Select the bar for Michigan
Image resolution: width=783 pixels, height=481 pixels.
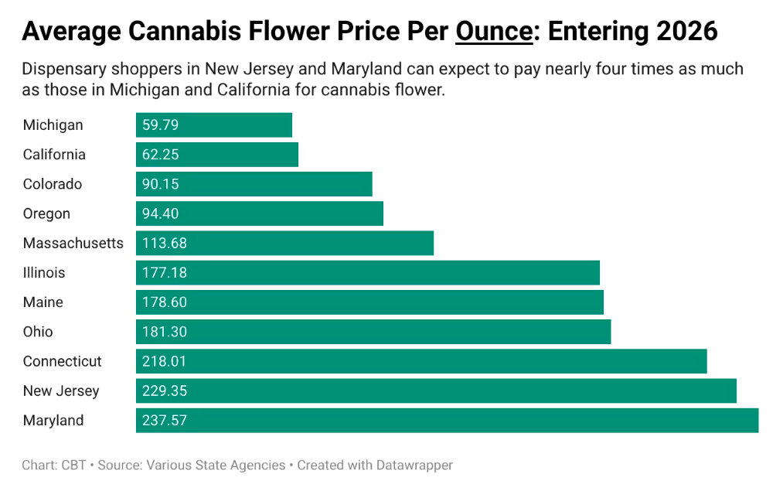coord(214,125)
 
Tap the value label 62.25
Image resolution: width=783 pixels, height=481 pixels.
coord(160,155)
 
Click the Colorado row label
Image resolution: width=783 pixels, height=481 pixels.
coord(52,184)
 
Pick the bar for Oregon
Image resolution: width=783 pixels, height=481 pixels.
coord(260,213)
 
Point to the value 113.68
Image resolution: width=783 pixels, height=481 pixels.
coord(164,243)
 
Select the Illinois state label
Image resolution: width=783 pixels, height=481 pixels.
coord(44,272)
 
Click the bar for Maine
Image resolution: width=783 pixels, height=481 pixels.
coord(369,302)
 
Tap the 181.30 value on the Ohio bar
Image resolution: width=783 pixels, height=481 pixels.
coord(164,332)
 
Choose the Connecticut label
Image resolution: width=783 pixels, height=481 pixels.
coord(62,361)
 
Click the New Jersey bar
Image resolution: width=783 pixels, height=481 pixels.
coord(436,391)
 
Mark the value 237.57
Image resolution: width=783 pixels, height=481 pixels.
coord(164,420)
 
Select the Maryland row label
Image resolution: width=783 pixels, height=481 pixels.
coord(53,420)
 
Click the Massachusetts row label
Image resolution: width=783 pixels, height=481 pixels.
coord(73,243)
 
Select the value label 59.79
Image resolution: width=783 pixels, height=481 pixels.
coord(160,125)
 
